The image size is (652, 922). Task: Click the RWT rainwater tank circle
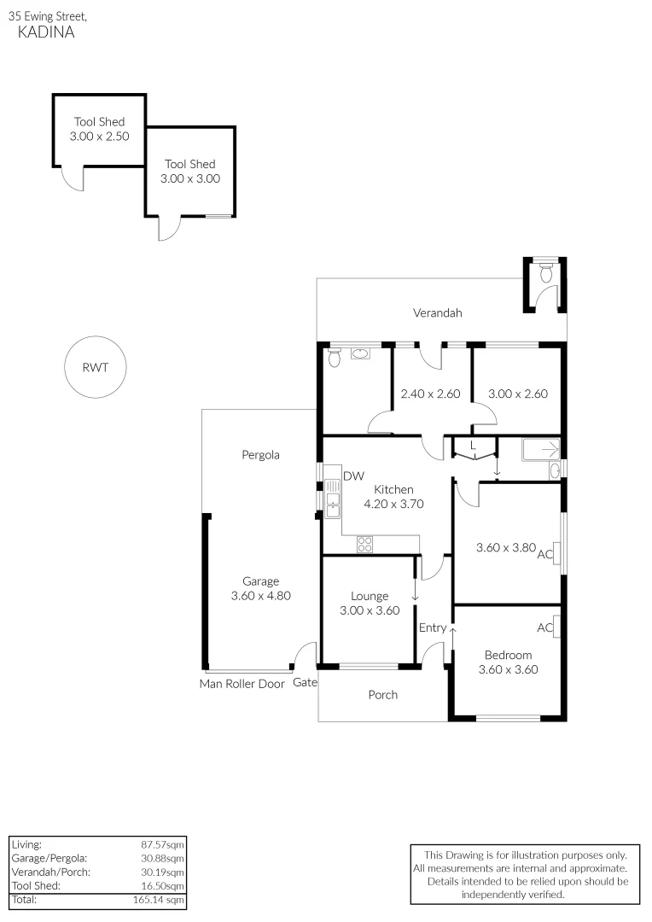point(94,368)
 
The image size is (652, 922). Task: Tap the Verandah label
point(438,313)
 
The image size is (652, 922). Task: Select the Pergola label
point(260,455)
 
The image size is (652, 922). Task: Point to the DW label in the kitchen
point(352,476)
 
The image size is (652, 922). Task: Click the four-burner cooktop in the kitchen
point(364,544)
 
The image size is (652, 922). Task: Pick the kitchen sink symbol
point(331,499)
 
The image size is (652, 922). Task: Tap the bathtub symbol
point(539,449)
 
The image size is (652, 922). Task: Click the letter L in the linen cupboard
point(473,445)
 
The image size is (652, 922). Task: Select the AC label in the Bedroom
point(544,628)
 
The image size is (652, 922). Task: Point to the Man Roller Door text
point(242,683)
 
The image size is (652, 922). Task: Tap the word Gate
point(305,683)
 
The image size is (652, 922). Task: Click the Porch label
point(382,695)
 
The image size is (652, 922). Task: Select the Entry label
point(433,628)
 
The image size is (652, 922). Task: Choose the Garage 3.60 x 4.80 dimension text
point(261,596)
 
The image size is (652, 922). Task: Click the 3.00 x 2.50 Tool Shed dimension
point(99,136)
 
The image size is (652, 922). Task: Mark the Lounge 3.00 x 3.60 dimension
point(370,610)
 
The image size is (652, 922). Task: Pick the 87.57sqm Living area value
point(162,843)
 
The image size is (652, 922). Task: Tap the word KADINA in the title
point(46,32)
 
